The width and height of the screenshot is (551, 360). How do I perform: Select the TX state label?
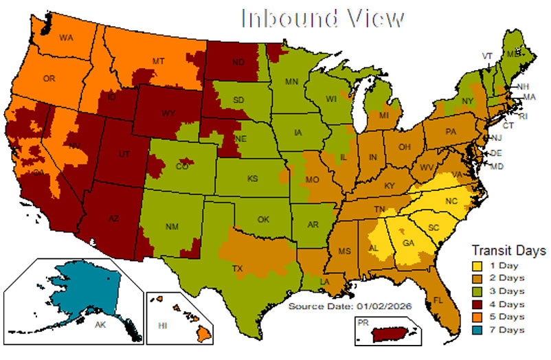pyautogui.click(x=238, y=268)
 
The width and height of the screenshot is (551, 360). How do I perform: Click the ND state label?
pyautogui.click(x=239, y=61)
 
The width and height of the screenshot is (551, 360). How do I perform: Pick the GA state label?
pyautogui.click(x=408, y=243)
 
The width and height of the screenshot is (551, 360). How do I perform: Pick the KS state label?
pyautogui.click(x=253, y=179)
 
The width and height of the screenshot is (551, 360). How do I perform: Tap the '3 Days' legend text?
pyautogui.click(x=510, y=291)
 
